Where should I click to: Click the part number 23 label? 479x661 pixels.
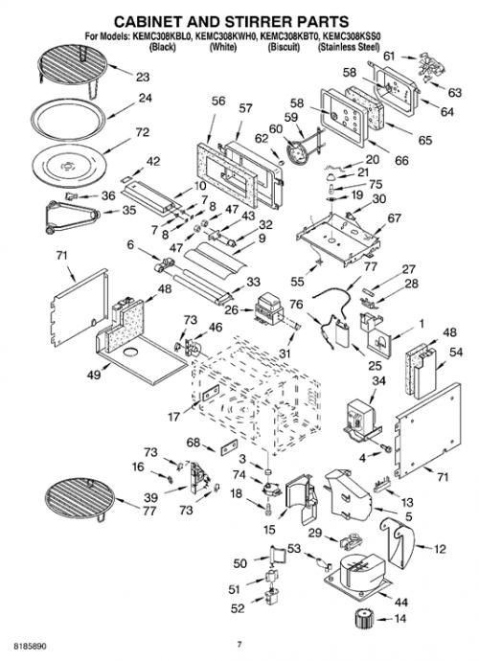pos(143,78)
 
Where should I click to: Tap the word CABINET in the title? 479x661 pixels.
pos(148,21)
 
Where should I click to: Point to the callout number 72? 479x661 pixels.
pos(142,132)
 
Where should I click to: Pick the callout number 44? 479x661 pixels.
pos(400,602)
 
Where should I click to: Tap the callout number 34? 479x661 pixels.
pos(378,381)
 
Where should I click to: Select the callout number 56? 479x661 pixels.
pos(218,102)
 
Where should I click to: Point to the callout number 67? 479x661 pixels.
pos(394,218)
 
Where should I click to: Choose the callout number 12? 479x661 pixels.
pos(439,549)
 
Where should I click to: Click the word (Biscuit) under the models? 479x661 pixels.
pos(284,47)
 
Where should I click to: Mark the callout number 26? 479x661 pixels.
pos(231,309)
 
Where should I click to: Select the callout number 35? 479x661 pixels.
pos(128,210)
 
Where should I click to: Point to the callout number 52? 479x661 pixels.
pos(238,608)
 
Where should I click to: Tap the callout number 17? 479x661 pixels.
pos(173,417)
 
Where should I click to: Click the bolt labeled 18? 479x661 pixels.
pos(268,509)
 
